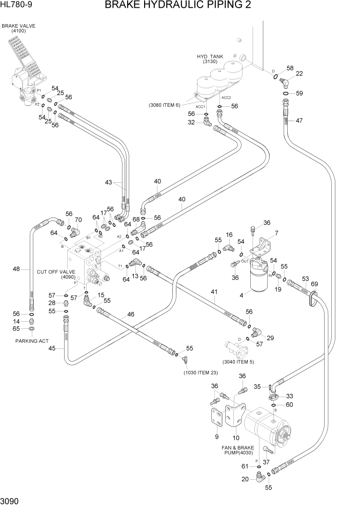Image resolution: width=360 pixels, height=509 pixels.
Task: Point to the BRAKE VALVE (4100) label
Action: click(x=15, y=28)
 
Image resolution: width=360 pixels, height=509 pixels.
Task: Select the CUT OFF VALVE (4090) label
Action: click(x=56, y=275)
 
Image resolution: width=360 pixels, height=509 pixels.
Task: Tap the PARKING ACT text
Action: click(x=32, y=341)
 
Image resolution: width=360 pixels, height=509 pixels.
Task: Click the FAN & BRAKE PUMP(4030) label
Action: click(x=237, y=450)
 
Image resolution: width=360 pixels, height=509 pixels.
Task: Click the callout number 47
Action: click(x=299, y=121)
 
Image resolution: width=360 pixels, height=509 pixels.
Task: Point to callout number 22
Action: click(x=299, y=74)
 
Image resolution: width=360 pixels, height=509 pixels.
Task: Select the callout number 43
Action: click(x=108, y=183)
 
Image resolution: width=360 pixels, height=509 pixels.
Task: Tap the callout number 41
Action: click(x=214, y=292)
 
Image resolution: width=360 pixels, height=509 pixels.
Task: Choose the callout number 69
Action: click(x=314, y=284)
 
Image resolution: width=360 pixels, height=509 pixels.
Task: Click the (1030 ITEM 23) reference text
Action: click(x=203, y=373)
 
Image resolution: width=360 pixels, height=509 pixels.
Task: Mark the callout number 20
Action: click(x=245, y=479)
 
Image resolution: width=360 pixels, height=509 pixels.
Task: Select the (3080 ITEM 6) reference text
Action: click(x=165, y=105)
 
